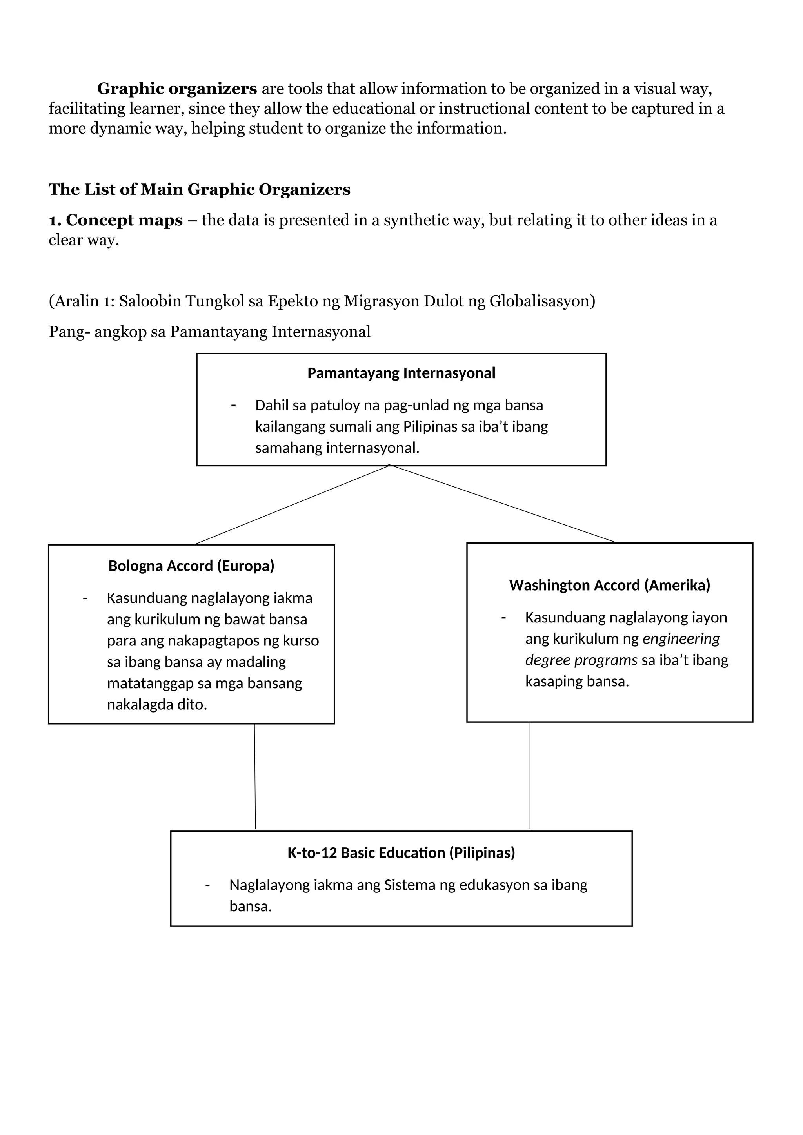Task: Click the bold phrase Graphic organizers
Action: point(176,89)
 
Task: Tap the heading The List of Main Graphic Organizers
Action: point(199,189)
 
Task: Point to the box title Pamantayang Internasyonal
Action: point(401,373)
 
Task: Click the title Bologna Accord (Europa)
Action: point(191,566)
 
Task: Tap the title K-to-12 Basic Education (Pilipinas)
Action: point(401,853)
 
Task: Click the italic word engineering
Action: point(681,639)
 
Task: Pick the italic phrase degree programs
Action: point(581,660)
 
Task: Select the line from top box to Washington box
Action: point(504,504)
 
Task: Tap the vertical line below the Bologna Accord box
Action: point(254,776)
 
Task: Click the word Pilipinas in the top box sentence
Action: point(430,427)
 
